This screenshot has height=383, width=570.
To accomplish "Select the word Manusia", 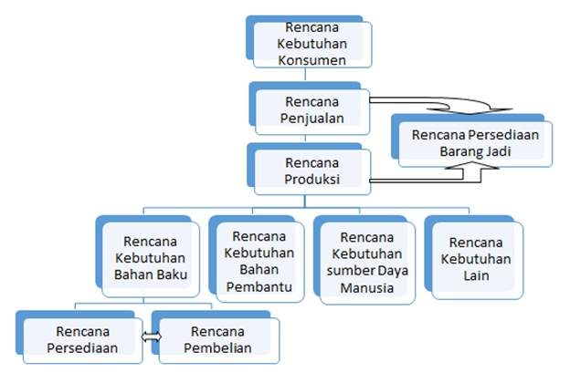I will click(364, 288).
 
